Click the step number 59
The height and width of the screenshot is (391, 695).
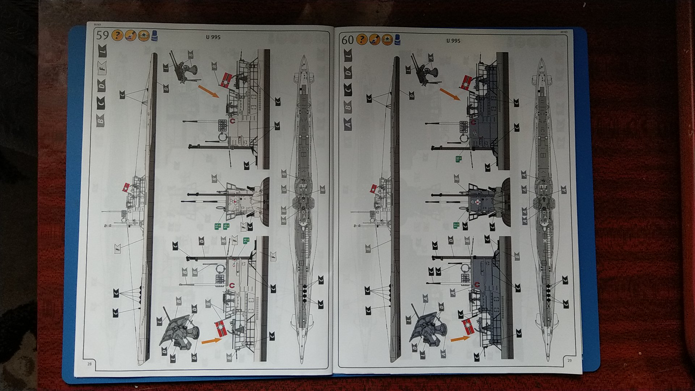(102, 35)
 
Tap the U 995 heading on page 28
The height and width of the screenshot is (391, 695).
(213, 37)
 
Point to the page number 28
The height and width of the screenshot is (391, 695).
(89, 363)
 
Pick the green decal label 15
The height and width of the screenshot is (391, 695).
(217, 226)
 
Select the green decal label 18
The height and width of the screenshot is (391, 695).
(458, 159)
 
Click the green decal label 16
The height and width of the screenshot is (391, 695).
(226, 226)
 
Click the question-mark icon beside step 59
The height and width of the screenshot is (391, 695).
(117, 35)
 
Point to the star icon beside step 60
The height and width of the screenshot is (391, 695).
(387, 39)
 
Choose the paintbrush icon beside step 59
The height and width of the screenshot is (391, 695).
(130, 35)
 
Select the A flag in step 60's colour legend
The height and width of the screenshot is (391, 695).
(348, 125)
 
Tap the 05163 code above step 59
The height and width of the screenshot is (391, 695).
(97, 25)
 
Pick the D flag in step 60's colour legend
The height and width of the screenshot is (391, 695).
(348, 73)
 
